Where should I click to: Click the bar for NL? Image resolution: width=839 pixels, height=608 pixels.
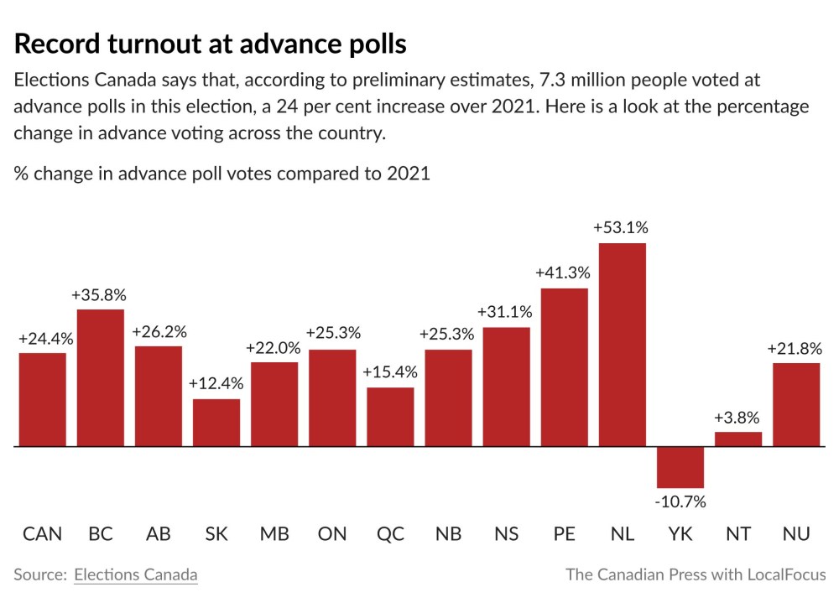(x=622, y=345)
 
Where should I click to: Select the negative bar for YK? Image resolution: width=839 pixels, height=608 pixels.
(x=680, y=467)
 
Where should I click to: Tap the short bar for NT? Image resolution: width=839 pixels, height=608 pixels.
(x=737, y=439)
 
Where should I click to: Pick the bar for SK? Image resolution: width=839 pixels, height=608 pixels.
(x=216, y=423)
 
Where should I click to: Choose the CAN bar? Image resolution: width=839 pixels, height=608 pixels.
(x=43, y=400)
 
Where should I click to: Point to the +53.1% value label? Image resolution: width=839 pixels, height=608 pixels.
(x=621, y=228)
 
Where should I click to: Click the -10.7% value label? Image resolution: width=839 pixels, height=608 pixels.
(x=680, y=502)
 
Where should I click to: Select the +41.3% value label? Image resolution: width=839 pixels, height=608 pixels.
(x=564, y=273)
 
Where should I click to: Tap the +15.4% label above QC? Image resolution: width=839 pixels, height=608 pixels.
(x=390, y=372)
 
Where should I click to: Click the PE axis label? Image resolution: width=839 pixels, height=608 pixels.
(x=564, y=534)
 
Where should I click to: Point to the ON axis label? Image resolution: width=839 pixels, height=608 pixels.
(x=332, y=534)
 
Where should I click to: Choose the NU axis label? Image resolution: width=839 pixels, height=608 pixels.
(x=795, y=534)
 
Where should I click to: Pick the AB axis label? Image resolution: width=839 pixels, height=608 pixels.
(x=159, y=534)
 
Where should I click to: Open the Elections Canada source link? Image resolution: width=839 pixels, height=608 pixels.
(x=136, y=574)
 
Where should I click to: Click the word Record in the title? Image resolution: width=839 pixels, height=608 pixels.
(x=58, y=44)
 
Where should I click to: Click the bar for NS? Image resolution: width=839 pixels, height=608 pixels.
(x=506, y=387)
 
